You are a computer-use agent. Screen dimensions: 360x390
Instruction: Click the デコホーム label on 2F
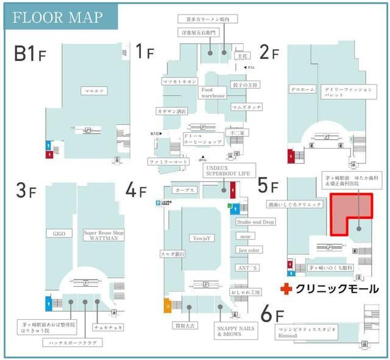pos(302,90)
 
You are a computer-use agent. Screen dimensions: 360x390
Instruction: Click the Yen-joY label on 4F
pos(201,238)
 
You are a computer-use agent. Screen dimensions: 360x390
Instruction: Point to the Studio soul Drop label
pos(255,222)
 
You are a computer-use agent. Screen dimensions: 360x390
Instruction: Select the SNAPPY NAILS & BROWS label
pos(234,331)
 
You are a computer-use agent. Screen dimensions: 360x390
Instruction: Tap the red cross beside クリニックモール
pos(286,289)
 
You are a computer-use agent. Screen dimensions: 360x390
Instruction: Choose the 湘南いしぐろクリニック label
pos(294,205)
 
